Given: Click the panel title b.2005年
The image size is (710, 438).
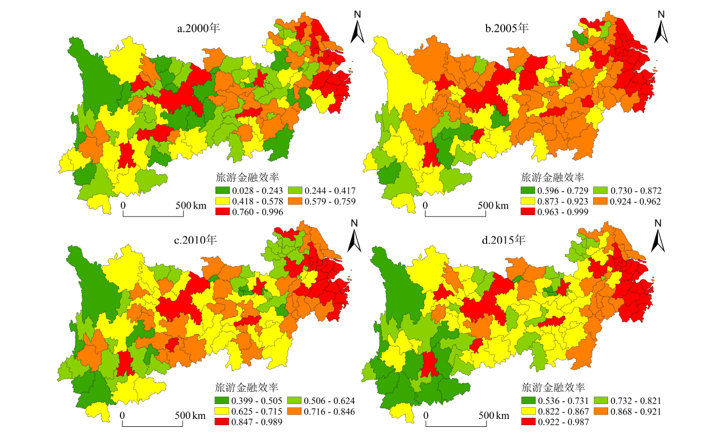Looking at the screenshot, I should tap(507, 28).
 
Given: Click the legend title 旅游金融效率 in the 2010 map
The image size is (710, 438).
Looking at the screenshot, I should tap(247, 387).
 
